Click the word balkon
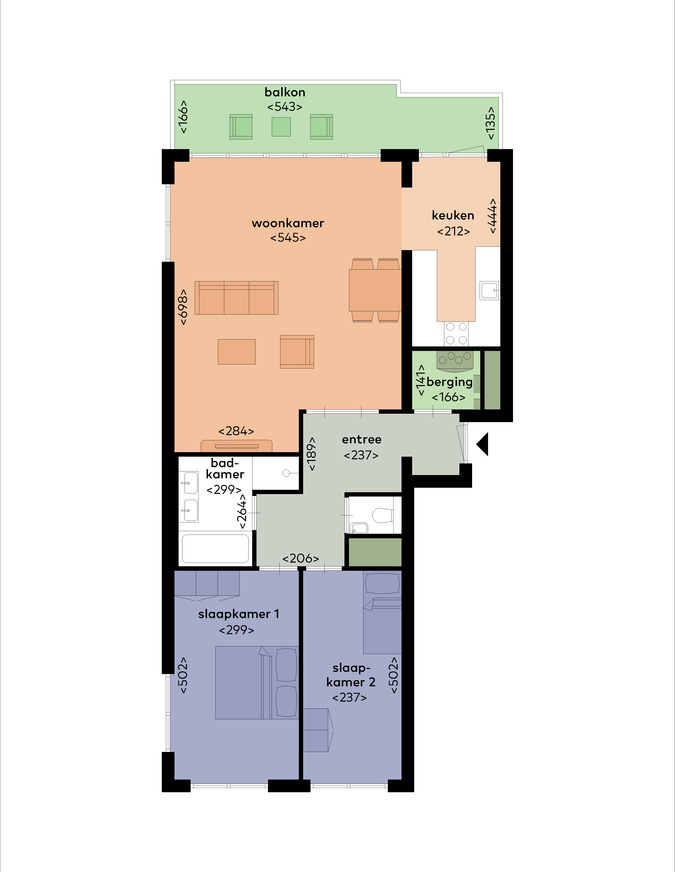click(x=285, y=92)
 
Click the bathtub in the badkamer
click(x=215, y=549)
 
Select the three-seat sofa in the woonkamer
click(x=236, y=298)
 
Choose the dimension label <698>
click(x=182, y=307)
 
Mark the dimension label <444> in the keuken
click(x=493, y=216)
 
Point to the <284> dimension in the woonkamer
click(x=236, y=431)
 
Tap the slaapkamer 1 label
click(x=239, y=614)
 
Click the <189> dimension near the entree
click(x=311, y=454)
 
